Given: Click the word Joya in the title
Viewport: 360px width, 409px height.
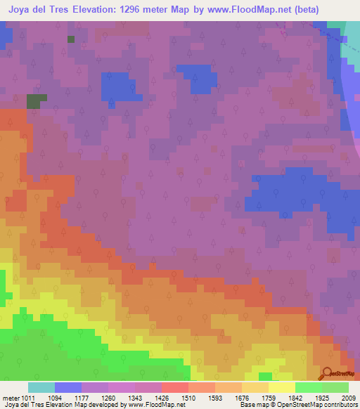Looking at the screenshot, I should (x=22, y=10).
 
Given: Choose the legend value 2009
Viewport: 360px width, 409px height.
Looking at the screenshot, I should (x=345, y=398).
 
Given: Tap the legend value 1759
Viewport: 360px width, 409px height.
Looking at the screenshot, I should (x=268, y=398).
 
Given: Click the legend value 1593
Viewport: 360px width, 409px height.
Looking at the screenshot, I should (x=216, y=398).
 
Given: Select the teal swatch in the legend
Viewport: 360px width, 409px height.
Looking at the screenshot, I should (x=41, y=387).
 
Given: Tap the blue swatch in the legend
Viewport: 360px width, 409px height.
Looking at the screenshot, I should (x=68, y=387).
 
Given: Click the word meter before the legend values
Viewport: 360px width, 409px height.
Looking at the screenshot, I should (x=11, y=398).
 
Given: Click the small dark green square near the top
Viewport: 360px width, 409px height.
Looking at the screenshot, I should (x=71, y=39).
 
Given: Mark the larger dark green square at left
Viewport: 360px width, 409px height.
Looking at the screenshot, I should (x=33, y=101).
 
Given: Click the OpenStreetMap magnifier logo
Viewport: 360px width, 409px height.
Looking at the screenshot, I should (x=328, y=374).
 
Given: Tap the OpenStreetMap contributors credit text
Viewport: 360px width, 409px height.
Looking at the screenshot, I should (x=319, y=405).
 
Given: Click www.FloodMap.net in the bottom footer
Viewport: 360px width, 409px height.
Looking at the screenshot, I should (x=152, y=405).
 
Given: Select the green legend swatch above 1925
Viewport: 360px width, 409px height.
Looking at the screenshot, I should (x=309, y=387).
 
